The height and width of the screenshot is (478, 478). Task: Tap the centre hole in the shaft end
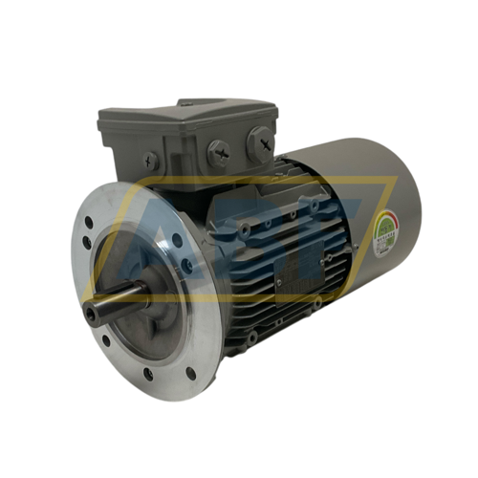90,312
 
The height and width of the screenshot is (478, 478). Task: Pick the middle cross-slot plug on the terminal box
218,151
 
